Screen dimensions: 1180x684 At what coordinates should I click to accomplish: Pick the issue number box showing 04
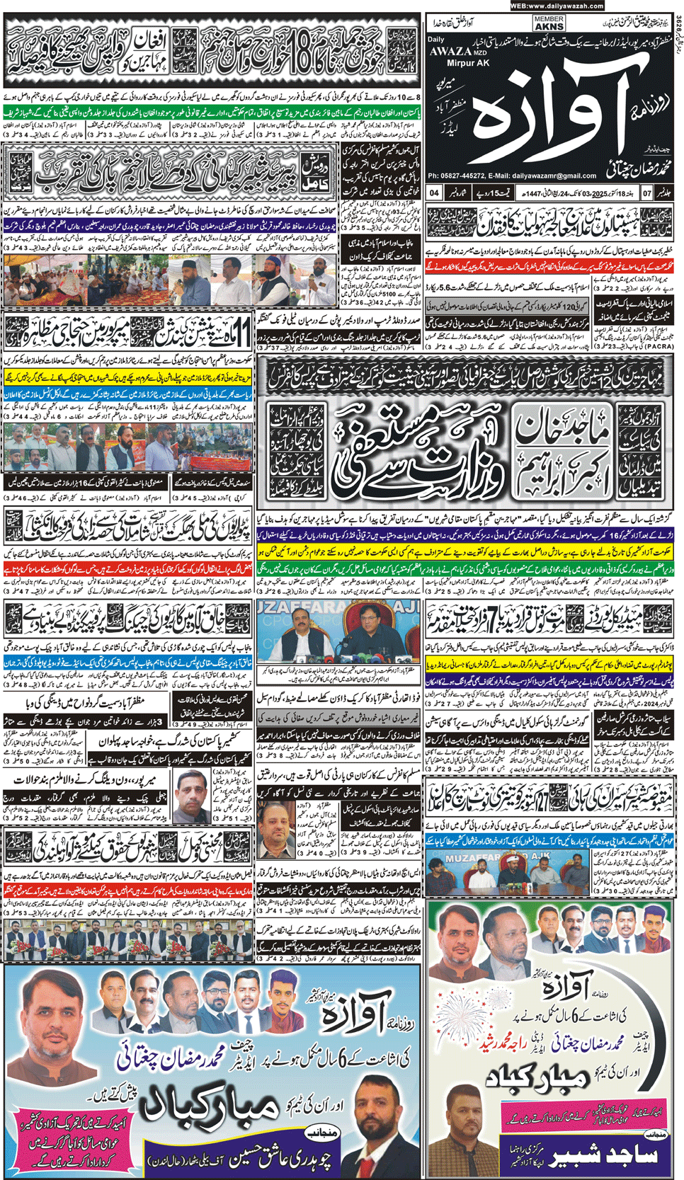pyautogui.click(x=435, y=193)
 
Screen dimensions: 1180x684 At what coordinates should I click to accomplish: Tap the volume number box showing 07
pyautogui.click(x=646, y=193)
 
